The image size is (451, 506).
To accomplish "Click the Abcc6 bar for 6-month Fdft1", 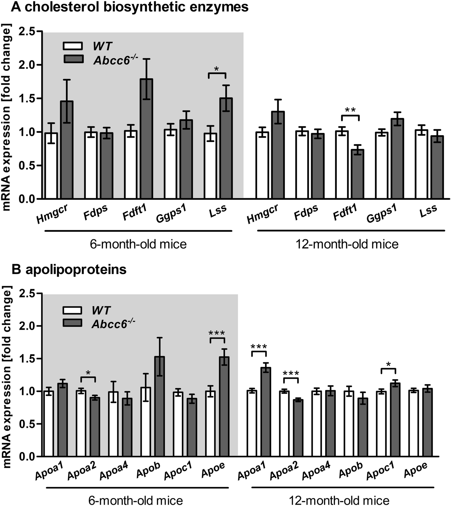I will [146, 139].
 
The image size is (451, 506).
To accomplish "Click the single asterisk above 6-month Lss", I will [217, 69].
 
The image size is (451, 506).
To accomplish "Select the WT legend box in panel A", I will [73, 46].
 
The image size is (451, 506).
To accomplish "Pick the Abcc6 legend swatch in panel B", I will [72, 323].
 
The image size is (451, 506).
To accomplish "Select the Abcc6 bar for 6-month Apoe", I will [225, 407].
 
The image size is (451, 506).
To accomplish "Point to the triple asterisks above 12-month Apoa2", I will [291, 373].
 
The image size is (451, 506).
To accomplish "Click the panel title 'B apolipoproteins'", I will [69, 269].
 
